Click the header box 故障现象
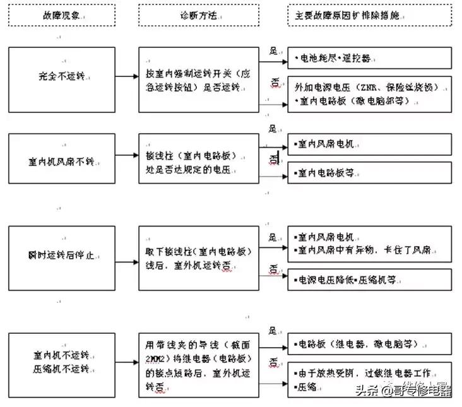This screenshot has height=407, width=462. (61, 14)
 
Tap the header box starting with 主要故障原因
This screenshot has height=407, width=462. (369, 14)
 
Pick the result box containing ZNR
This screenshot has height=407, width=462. (369, 93)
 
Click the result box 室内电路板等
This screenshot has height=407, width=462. (369, 172)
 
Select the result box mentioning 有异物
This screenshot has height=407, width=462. (369, 244)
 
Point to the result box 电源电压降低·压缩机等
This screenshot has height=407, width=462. (369, 279)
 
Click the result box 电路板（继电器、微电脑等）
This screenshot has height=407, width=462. (369, 345)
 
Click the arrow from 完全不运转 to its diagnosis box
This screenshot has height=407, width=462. (127, 76)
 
